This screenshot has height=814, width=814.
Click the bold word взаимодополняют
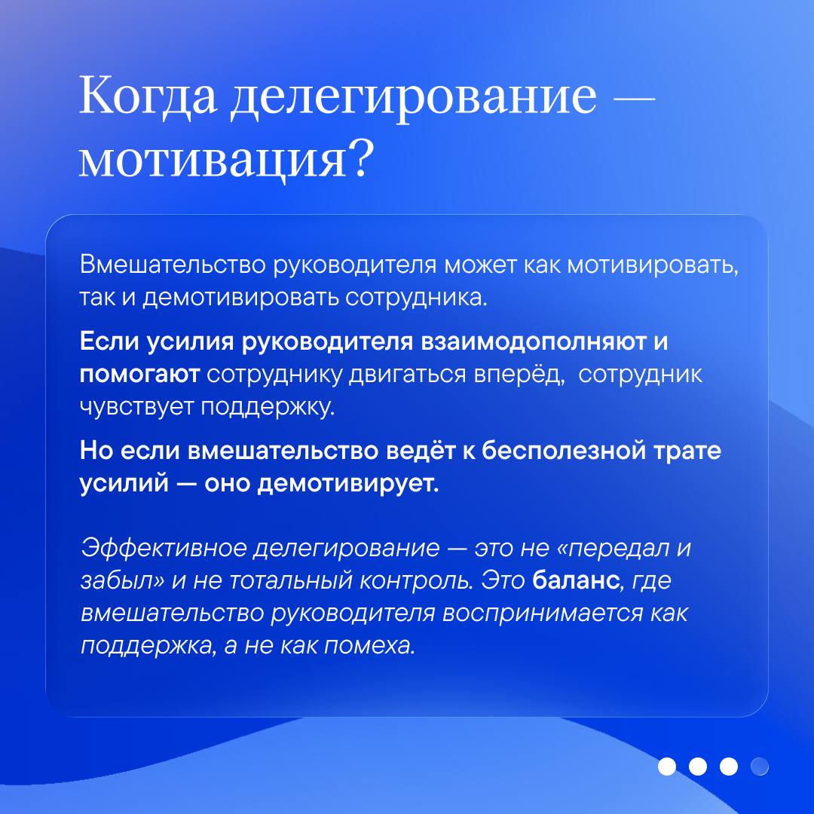[x=533, y=343]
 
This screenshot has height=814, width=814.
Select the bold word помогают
[x=139, y=375]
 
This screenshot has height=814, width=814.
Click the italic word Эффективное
[x=164, y=548]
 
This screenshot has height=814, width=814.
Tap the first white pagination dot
[x=667, y=767]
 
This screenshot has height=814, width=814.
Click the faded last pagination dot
[x=760, y=767]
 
